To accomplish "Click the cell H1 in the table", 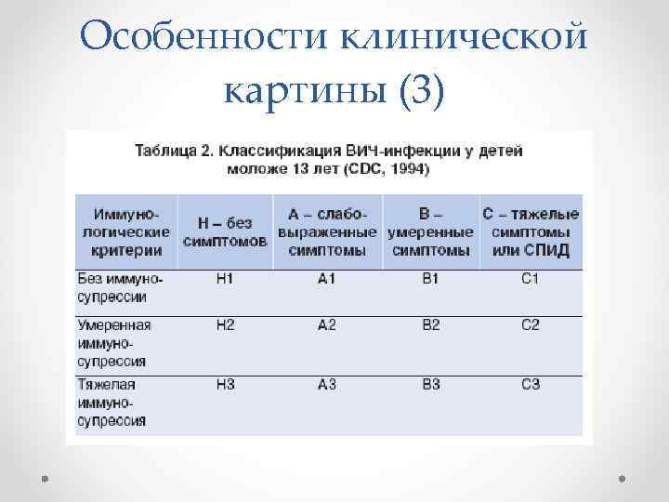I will click(x=225, y=279).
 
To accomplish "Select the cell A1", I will click(x=326, y=279).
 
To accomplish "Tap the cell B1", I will click(x=430, y=279).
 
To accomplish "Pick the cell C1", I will click(x=531, y=279).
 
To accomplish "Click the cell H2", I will click(x=225, y=324).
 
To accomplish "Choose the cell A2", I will click(x=326, y=324).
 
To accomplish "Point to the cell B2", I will click(x=430, y=324).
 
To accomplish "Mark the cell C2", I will click(x=531, y=324).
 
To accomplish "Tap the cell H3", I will click(x=225, y=384).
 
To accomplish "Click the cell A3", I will click(x=326, y=384).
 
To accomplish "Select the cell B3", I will click(x=430, y=384).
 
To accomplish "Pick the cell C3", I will click(x=531, y=384).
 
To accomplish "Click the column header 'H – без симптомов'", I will click(x=225, y=232).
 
